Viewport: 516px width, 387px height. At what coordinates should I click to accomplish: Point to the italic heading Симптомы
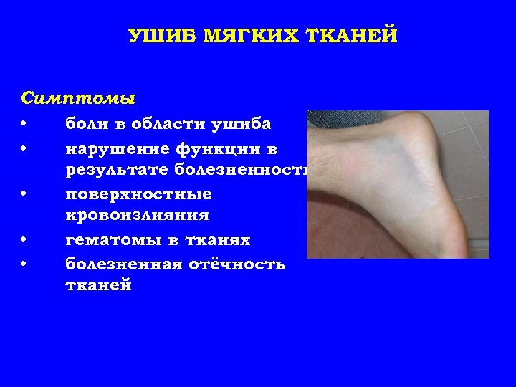point(79,96)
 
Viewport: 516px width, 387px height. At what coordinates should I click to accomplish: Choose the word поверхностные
point(138,195)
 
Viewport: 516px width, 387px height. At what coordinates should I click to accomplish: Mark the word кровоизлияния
point(137,215)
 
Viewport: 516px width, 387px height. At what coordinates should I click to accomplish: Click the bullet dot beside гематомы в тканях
point(24,240)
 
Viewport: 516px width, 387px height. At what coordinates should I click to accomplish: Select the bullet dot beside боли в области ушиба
point(24,124)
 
